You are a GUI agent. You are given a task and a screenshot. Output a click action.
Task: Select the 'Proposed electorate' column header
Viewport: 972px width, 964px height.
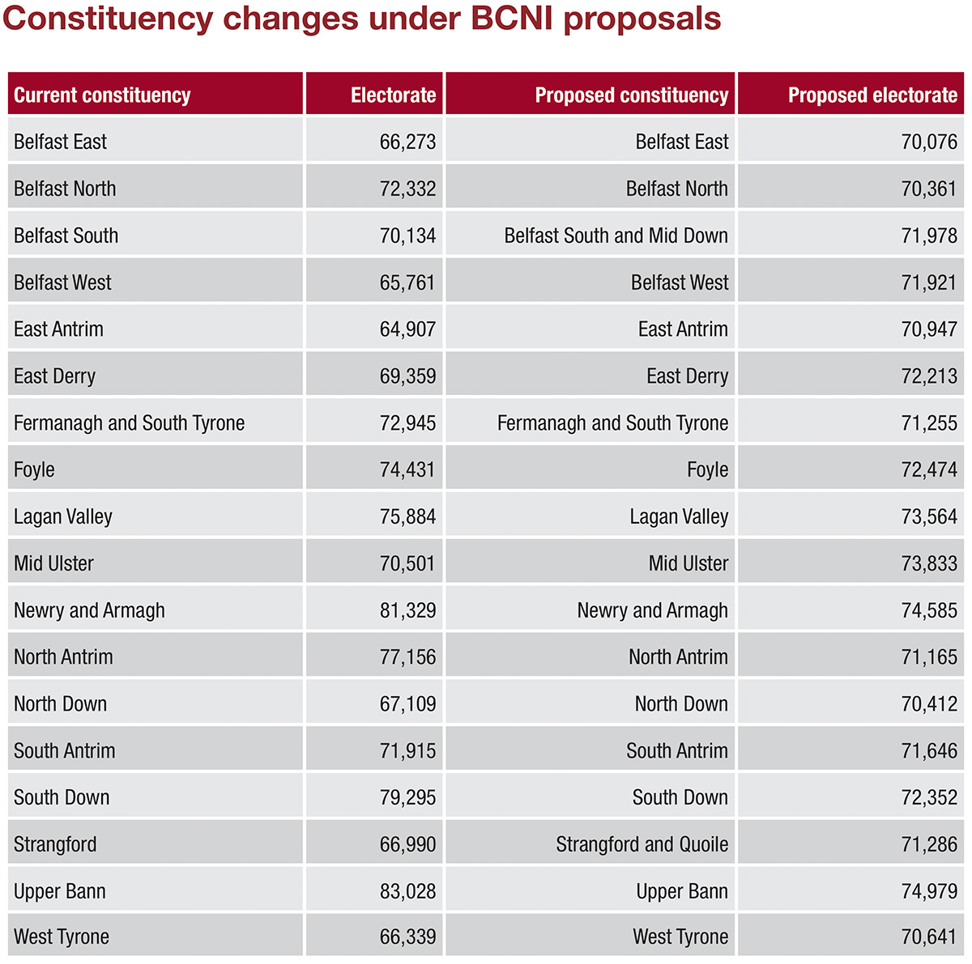point(872,96)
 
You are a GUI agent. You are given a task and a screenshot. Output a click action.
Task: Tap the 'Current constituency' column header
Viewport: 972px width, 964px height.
point(102,96)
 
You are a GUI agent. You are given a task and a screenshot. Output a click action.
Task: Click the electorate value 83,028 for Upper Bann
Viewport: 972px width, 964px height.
point(407,891)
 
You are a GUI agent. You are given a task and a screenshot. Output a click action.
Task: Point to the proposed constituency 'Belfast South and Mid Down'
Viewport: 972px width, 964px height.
point(616,236)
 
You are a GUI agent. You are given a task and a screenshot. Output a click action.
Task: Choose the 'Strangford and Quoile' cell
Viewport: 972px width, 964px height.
point(642,844)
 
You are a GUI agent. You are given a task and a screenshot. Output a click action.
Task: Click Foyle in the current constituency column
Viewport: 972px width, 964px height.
point(34,469)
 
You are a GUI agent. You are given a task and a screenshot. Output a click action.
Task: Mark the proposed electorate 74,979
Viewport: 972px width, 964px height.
point(929,891)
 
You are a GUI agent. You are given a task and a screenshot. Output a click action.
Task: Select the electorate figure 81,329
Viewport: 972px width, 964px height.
point(407,610)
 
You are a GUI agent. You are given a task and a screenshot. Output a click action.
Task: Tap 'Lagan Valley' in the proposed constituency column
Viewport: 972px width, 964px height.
point(679,516)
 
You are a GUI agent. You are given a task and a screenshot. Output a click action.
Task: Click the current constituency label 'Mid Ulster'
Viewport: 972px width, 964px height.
point(53,563)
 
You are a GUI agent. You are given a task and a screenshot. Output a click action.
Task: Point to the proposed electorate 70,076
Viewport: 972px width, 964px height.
point(929,142)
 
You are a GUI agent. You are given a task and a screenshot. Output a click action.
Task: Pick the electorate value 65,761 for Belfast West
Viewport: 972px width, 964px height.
point(407,282)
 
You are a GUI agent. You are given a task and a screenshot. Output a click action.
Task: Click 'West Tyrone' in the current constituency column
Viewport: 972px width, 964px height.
point(62,937)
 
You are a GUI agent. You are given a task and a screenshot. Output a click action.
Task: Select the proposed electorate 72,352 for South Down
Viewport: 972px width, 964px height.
point(929,797)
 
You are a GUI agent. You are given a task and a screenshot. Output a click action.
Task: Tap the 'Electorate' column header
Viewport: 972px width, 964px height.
point(393,96)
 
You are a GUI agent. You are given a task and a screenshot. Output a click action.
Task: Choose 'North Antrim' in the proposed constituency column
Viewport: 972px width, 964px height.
point(678,657)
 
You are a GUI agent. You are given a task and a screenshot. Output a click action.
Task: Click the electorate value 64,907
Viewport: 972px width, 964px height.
point(407,329)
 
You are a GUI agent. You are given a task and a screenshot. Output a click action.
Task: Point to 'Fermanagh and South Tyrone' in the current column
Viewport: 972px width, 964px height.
point(129,423)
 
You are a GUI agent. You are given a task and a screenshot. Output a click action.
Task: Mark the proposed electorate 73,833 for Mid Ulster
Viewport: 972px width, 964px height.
point(929,563)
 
